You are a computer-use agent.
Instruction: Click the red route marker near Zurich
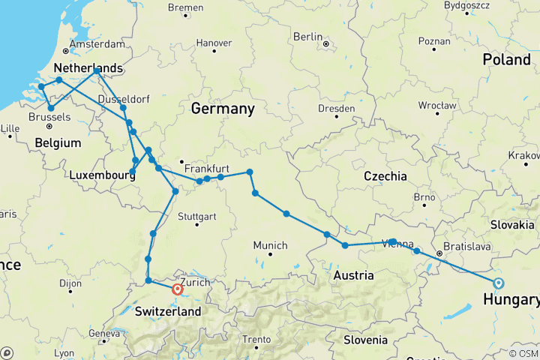178,289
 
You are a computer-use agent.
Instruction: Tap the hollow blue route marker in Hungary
499,283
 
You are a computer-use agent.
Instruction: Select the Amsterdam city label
91,44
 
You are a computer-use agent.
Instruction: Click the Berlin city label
307,37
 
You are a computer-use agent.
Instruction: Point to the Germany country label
223,109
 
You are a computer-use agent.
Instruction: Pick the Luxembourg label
102,175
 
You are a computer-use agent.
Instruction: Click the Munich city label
270,245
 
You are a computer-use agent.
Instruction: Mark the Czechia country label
384,175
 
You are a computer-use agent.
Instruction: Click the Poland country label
506,59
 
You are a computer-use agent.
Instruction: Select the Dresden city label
336,109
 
